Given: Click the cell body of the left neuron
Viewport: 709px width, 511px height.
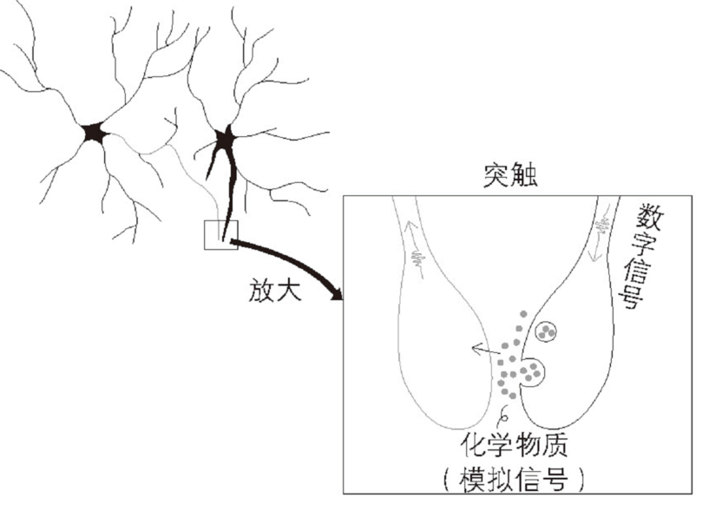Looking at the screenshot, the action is tap(93, 133).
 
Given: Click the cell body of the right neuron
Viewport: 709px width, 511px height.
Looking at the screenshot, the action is tap(225, 139).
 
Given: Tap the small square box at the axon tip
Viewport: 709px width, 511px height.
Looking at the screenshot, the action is tap(220, 235).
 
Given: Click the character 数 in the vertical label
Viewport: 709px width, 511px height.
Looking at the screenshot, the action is tap(648, 213).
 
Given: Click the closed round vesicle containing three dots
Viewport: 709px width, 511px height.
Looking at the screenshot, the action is tap(547, 330).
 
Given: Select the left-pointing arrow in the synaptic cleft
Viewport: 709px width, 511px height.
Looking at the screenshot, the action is tap(483, 350).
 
